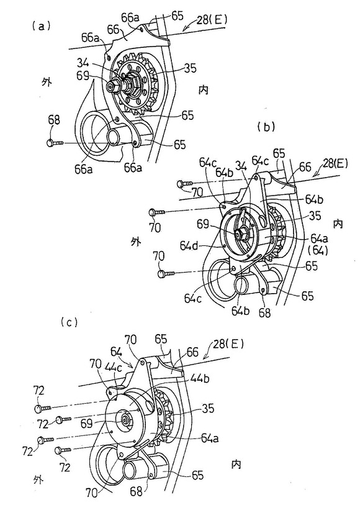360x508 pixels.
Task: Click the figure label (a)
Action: coord(41,26)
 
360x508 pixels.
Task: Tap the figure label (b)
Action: coord(266,127)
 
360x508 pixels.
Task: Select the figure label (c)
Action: coord(69,322)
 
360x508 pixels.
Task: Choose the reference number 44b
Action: coord(200,378)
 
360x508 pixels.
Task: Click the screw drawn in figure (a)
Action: coord(56,143)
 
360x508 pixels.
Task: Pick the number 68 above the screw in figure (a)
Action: coord(53,120)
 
